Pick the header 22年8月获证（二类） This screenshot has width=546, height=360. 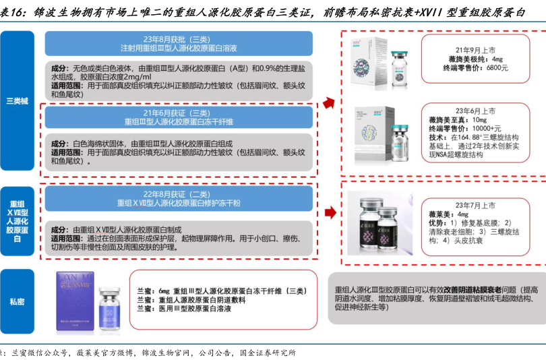click(x=179, y=191)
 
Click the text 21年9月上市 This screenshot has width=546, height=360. click(x=475, y=49)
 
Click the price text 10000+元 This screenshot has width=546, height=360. click(x=485, y=128)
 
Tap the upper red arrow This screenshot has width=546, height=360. click(x=329, y=102)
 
